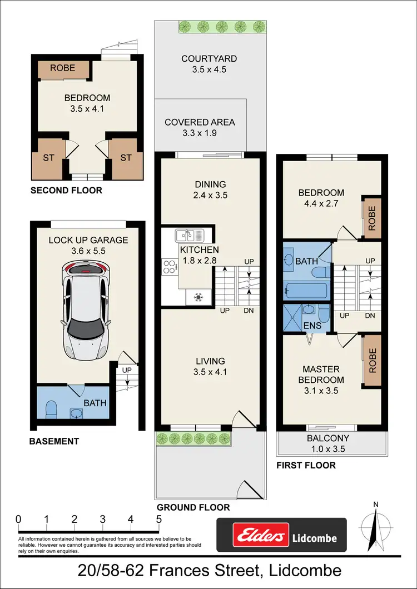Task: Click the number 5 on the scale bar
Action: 159,519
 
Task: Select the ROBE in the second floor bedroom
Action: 63,69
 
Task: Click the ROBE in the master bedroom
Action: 372,361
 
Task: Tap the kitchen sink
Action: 190,235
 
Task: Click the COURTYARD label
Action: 209,58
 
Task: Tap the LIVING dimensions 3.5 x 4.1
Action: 210,372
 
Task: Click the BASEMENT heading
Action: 54,441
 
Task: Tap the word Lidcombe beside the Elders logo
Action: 314,538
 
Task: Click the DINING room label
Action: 210,184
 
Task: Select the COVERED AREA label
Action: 200,122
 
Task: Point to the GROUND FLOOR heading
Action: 193,507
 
